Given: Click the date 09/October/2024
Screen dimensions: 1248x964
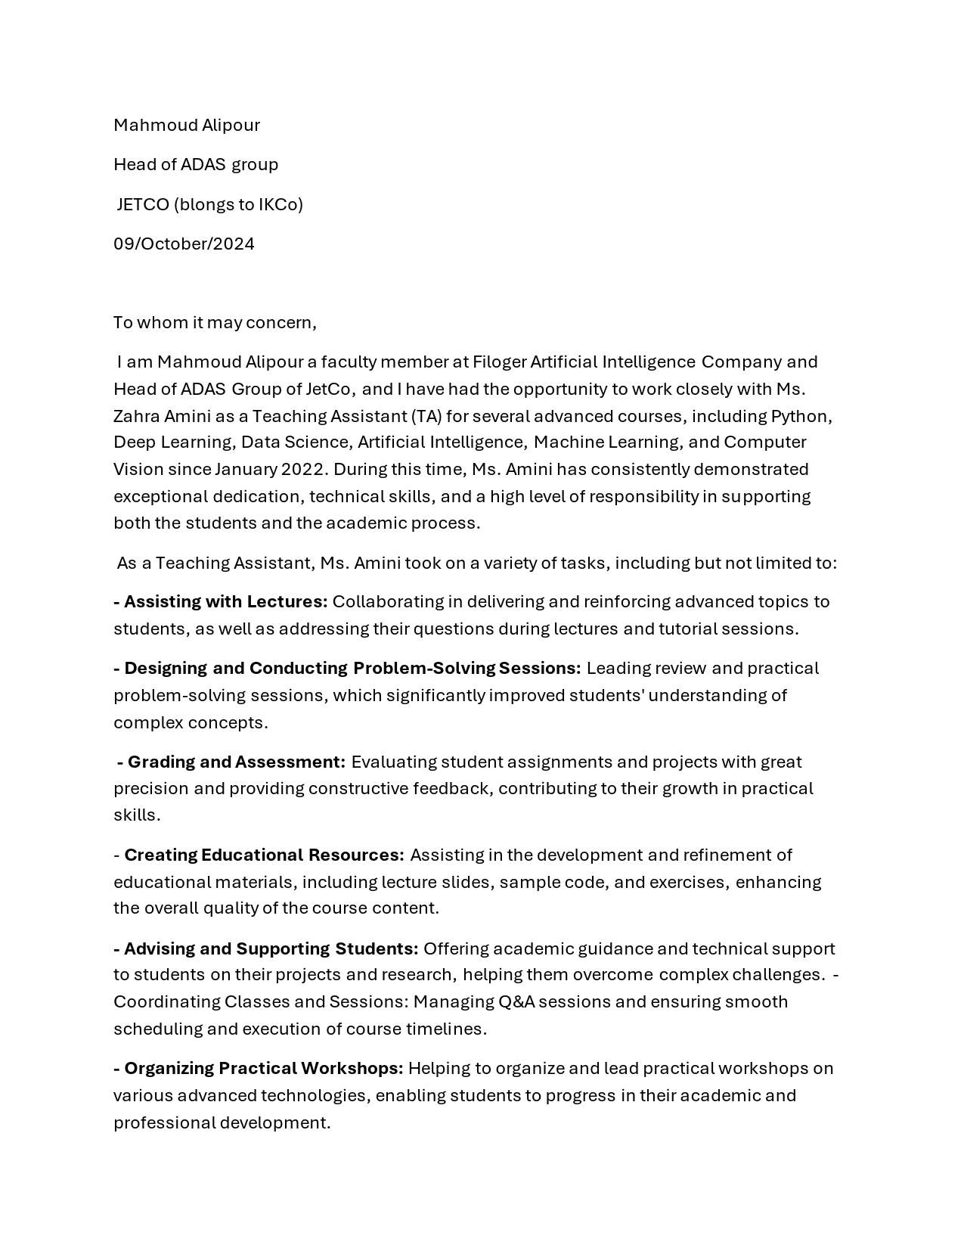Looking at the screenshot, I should tap(184, 244).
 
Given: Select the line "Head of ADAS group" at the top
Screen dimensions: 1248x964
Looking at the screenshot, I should tap(196, 165).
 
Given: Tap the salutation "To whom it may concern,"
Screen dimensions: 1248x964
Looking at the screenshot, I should tap(215, 323).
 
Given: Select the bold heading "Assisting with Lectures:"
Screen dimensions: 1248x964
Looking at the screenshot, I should tap(225, 602).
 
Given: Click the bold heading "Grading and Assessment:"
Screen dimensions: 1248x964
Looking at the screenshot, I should tap(236, 762).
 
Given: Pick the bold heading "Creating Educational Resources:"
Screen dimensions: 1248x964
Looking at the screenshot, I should tap(264, 855).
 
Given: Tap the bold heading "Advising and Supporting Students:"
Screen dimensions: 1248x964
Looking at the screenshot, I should tap(271, 949).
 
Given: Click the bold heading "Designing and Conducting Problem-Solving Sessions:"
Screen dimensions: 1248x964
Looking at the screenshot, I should tap(352, 669).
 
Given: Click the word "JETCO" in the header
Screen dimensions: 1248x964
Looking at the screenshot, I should tap(143, 205).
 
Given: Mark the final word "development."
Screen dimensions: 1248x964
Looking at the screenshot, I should tap(275, 1123).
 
